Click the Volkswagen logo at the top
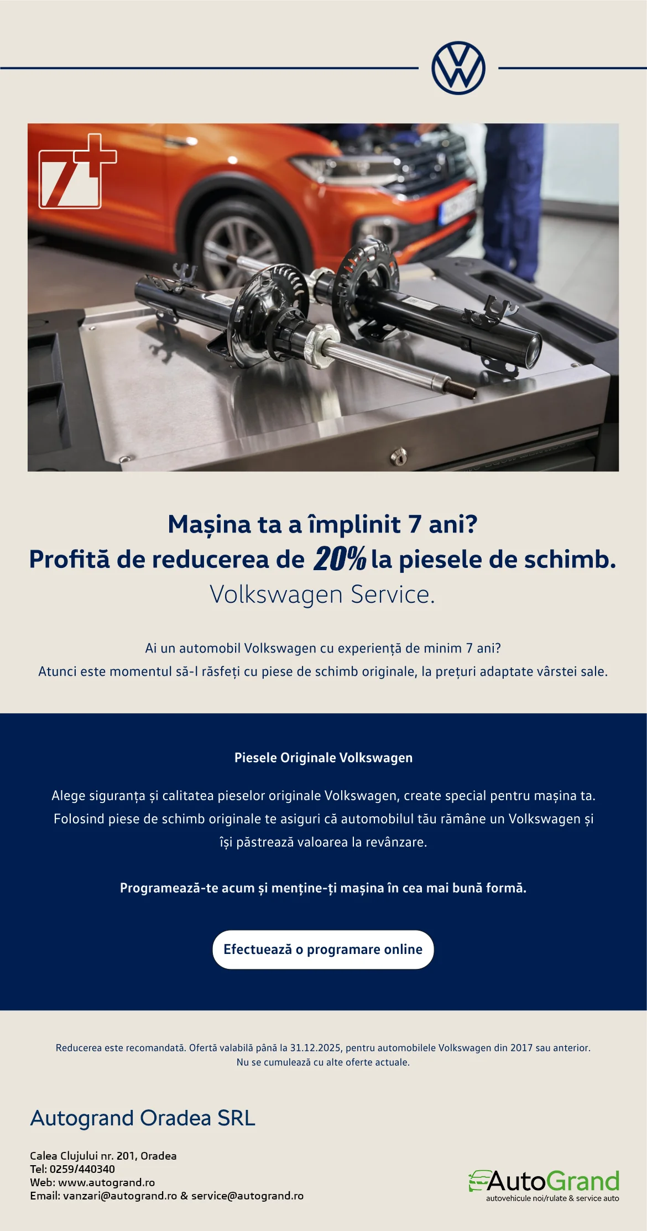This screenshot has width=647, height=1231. (458, 68)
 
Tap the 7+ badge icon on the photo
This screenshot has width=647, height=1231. (77, 171)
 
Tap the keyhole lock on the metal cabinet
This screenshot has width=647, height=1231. (399, 457)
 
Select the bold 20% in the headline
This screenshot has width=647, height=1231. (340, 559)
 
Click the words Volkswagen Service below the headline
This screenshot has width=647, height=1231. (322, 594)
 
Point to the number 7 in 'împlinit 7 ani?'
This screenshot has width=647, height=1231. (415, 524)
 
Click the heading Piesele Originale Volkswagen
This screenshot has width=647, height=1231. (323, 758)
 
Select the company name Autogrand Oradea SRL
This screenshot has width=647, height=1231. (143, 1118)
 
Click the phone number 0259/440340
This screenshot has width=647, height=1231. (82, 1169)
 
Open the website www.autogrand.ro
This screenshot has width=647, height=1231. (107, 1182)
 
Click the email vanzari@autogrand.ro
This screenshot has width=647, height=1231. (120, 1196)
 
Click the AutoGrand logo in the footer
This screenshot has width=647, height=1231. (544, 1186)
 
